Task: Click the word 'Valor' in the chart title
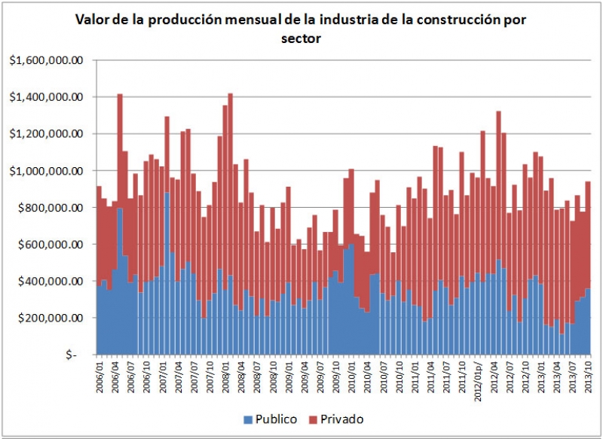[x=92, y=20]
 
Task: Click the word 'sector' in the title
[x=301, y=38]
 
